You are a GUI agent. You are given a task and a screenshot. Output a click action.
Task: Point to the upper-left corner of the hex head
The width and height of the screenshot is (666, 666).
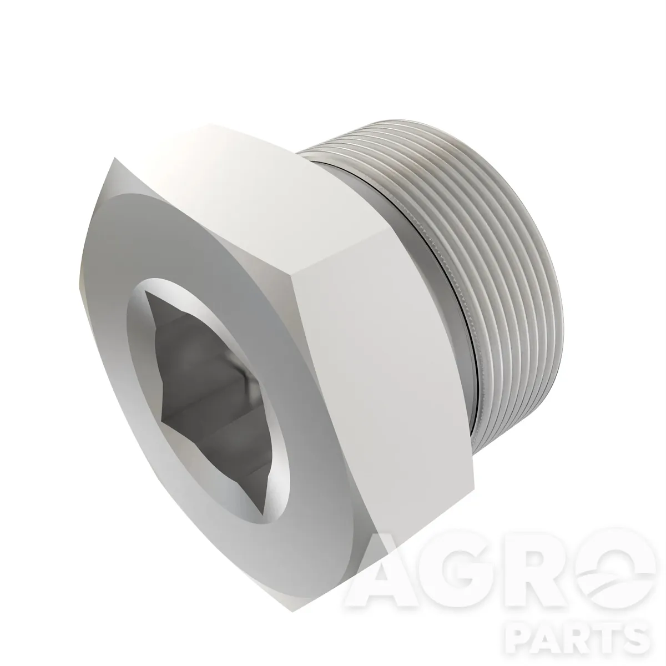point(115,158)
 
